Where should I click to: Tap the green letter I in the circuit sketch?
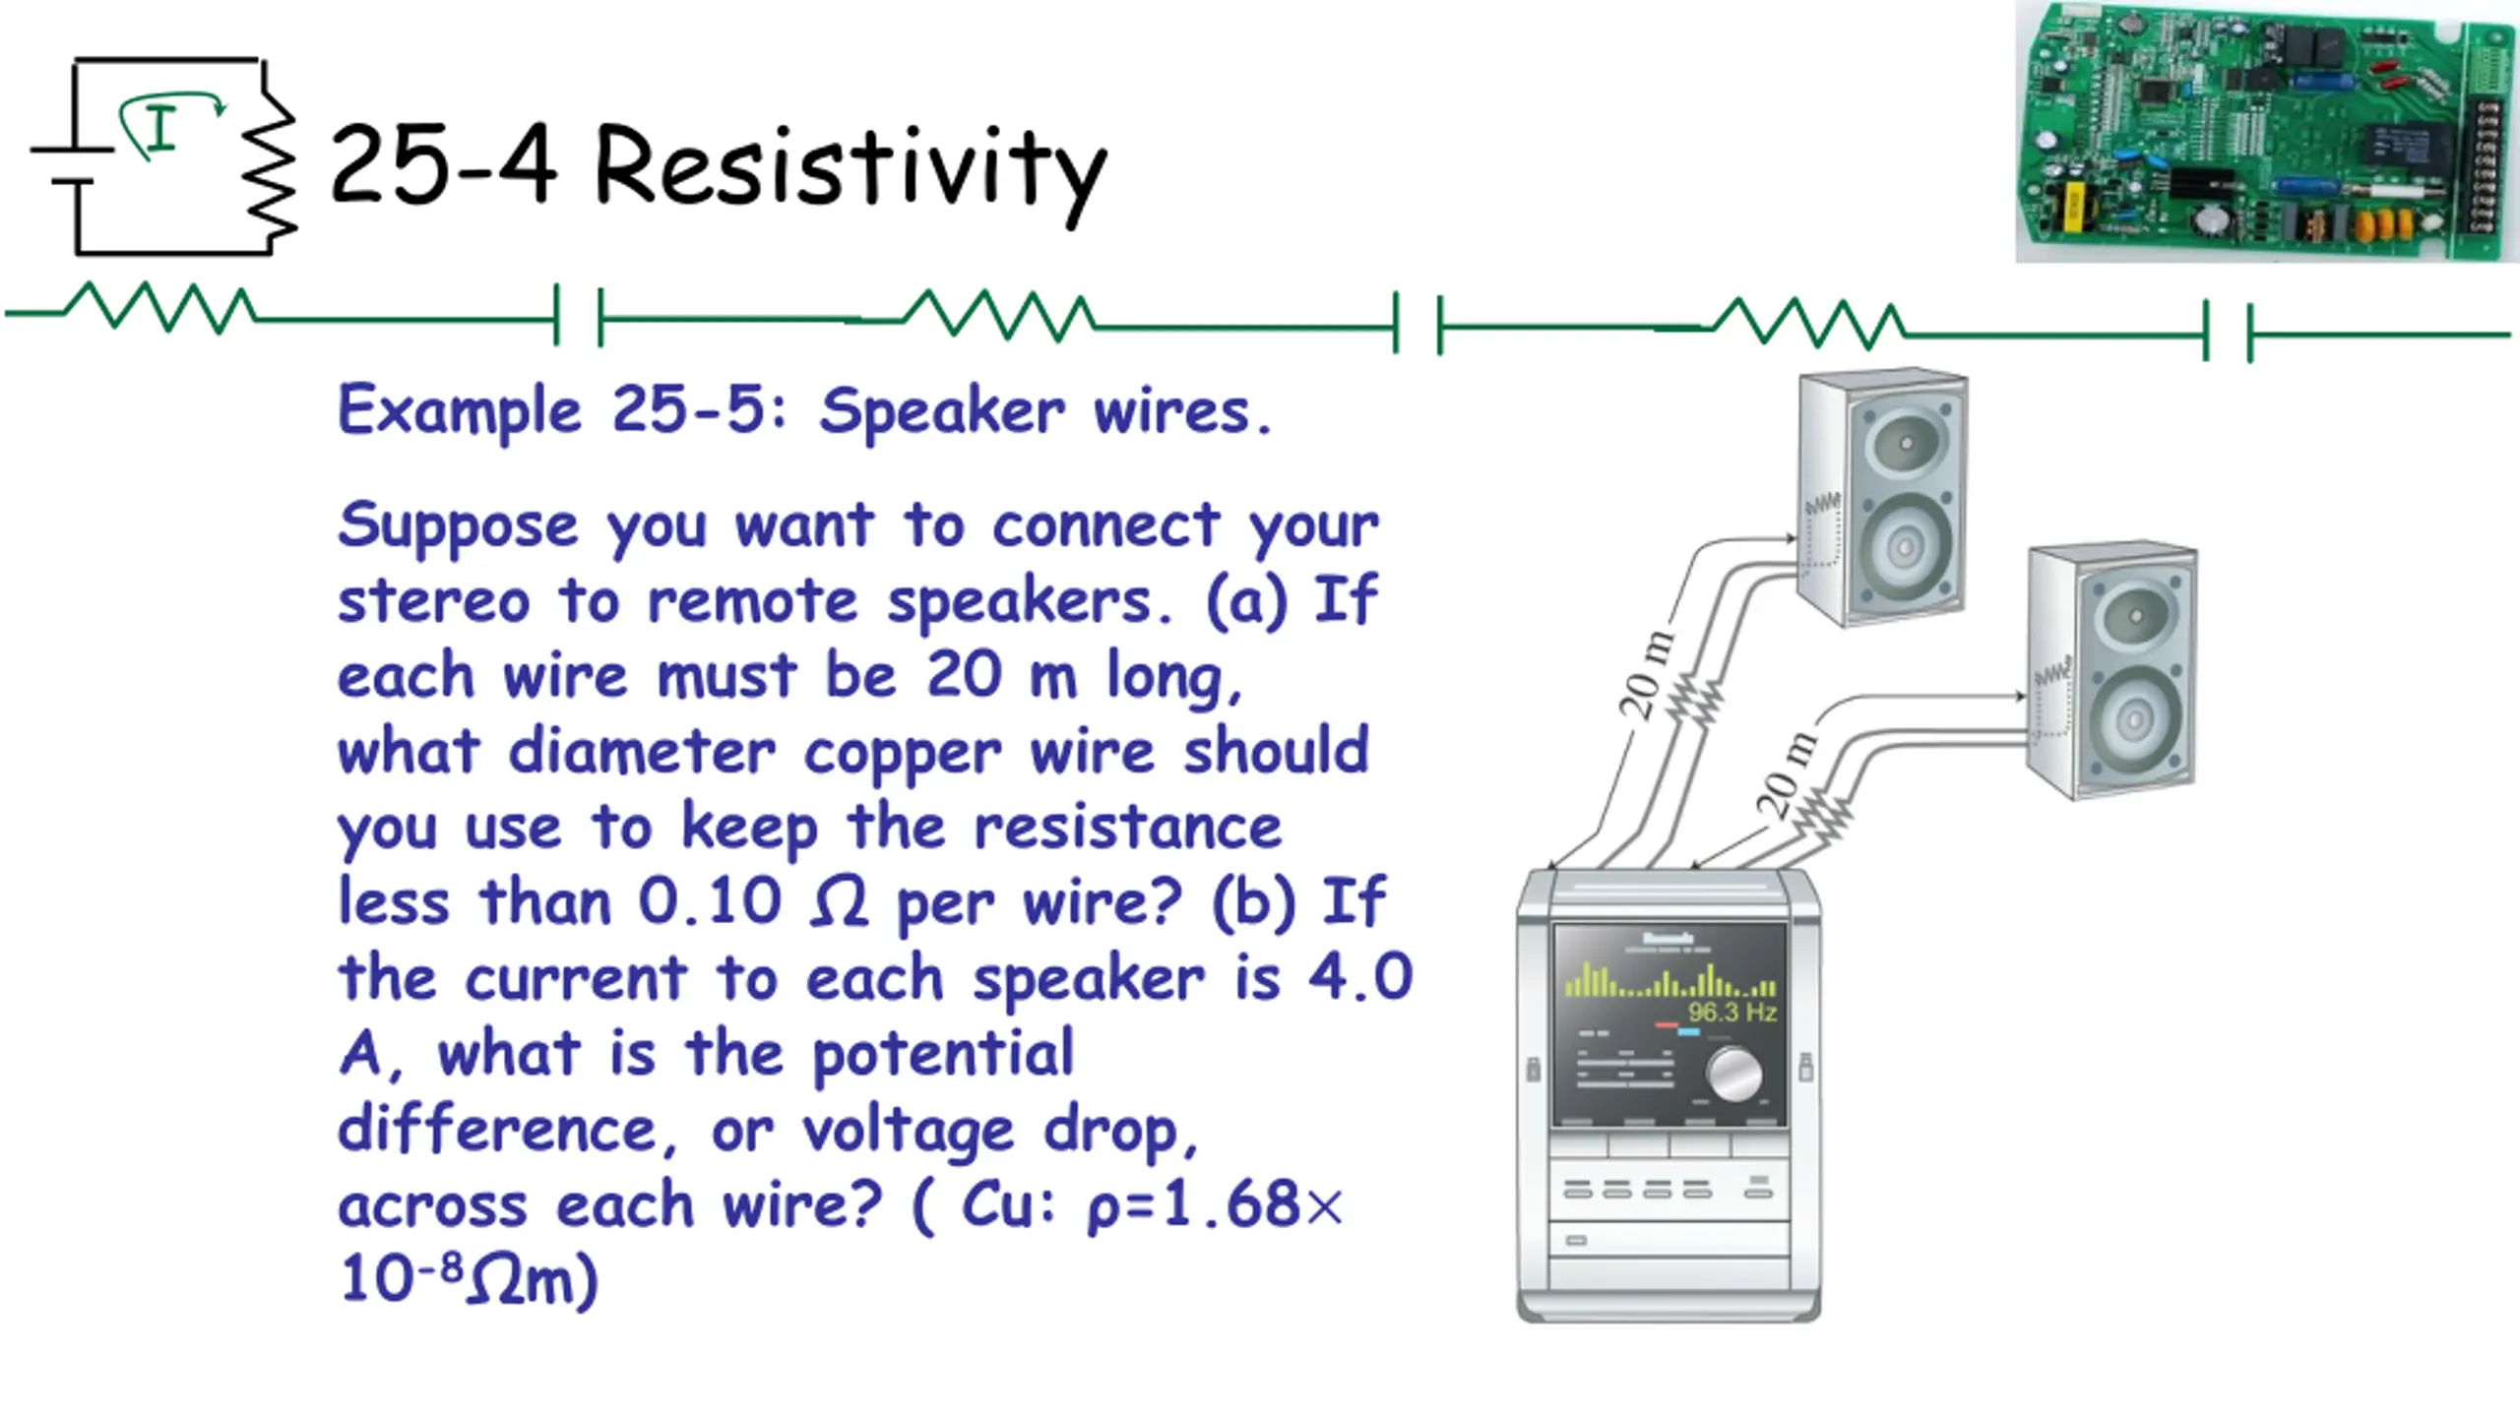pos(160,129)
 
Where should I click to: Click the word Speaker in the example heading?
pos(941,410)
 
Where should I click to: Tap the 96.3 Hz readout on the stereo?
pos(1732,1012)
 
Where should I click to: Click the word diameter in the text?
pos(642,753)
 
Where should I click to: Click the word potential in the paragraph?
pos(942,1054)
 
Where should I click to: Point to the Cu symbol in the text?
pos(996,1204)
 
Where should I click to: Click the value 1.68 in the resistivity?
pos(1230,1204)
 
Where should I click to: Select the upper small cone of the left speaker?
pos(1905,444)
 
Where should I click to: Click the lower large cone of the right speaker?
pos(2133,718)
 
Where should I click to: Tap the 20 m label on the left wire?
pos(1647,675)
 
